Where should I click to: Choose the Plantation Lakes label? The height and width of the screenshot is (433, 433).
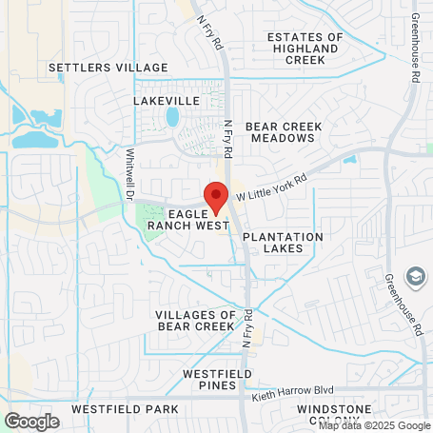click(283, 242)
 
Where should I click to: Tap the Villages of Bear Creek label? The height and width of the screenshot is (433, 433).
click(194, 320)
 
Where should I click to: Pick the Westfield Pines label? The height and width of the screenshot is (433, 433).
click(217, 380)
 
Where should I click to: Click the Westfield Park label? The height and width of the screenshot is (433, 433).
click(125, 409)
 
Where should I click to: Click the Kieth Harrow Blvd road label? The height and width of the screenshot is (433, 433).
click(294, 391)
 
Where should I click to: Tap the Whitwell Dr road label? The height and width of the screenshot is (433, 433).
click(129, 171)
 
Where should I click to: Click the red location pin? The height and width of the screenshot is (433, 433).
click(216, 196)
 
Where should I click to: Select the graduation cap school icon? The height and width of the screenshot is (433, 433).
click(415, 276)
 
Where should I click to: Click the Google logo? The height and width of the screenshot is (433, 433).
click(31, 421)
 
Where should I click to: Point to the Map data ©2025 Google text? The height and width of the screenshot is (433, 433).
click(374, 425)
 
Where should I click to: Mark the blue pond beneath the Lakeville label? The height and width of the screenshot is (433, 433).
click(172, 117)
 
